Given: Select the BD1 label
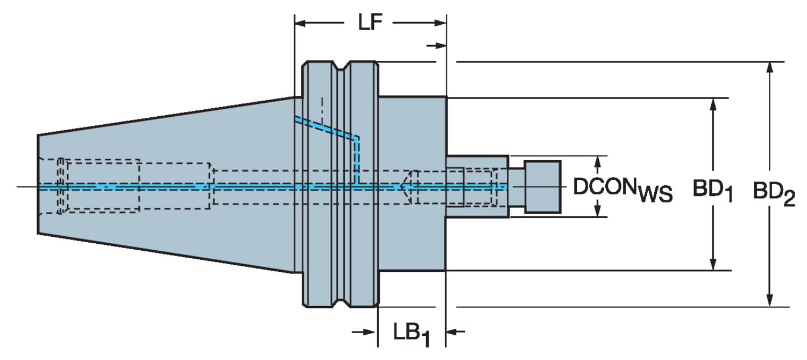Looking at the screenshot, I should pyautogui.click(x=712, y=192).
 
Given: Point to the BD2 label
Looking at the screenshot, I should pyautogui.click(x=774, y=192).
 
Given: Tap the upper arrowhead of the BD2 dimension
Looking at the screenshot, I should pyautogui.click(x=770, y=67).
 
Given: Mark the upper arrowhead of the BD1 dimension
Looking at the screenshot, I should pyautogui.click(x=713, y=104).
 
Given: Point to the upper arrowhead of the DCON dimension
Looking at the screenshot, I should pyautogui.click(x=596, y=161).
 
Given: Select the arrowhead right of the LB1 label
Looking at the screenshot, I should pyautogui.click(x=453, y=331).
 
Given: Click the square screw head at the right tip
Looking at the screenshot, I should pyautogui.click(x=542, y=186).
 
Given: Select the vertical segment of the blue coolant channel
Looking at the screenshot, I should pyautogui.click(x=357, y=161).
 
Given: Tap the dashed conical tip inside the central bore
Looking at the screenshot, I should pyautogui.click(x=405, y=187).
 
